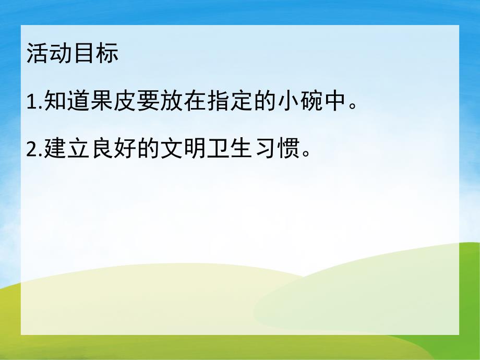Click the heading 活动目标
(73, 54)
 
